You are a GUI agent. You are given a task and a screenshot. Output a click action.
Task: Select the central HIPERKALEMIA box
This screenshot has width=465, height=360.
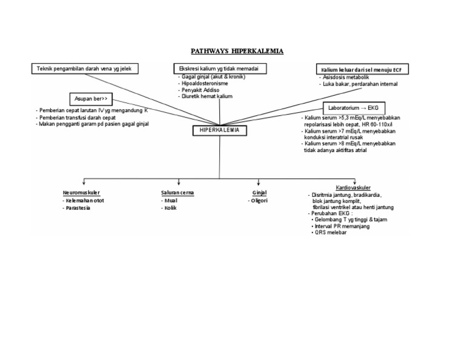(219, 130)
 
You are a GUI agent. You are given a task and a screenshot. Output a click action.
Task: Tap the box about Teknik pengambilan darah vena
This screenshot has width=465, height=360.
(84, 68)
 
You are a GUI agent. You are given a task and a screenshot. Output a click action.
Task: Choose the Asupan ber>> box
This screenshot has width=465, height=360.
(90, 98)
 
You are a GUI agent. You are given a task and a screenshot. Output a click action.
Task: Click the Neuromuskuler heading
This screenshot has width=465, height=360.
(81, 192)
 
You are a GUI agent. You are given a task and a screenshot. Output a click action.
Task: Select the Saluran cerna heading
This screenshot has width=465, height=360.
(177, 192)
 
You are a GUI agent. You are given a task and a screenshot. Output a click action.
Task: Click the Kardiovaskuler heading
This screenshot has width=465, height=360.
(354, 188)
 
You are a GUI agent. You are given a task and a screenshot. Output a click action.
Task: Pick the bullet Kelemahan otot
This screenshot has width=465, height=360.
(84, 200)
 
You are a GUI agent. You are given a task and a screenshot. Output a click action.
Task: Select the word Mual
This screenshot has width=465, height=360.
(171, 200)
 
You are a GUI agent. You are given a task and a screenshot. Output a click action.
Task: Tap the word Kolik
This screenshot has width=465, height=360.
(171, 208)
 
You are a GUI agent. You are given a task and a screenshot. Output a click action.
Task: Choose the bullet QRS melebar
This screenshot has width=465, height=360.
(334, 232)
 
